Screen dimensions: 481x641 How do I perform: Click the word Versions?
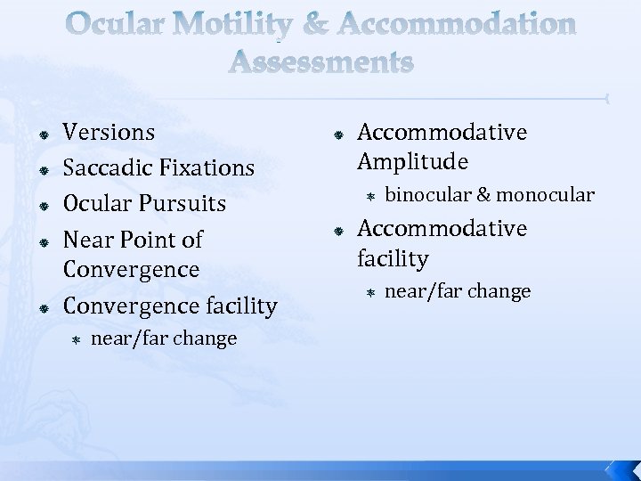[110, 133]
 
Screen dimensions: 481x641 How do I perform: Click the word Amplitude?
[413, 161]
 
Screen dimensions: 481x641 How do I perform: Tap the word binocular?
[427, 195]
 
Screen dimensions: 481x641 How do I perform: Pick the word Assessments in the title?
[320, 62]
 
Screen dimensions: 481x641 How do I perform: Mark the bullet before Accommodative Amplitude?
[338, 134]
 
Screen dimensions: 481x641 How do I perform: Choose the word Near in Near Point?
[89, 240]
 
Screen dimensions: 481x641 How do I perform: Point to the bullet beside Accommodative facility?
[338, 230]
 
